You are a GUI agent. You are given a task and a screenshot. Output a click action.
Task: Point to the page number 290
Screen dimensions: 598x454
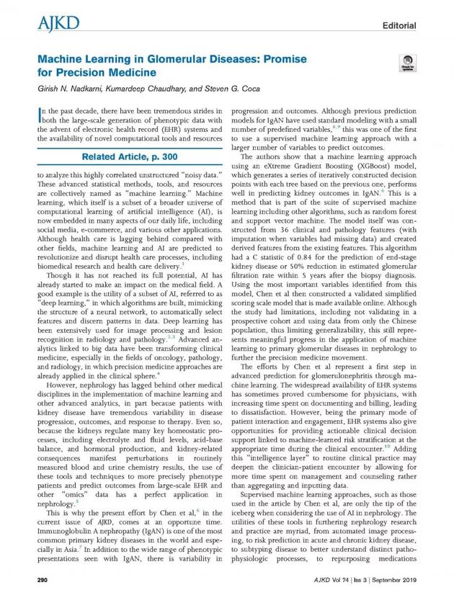pos(42,579)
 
